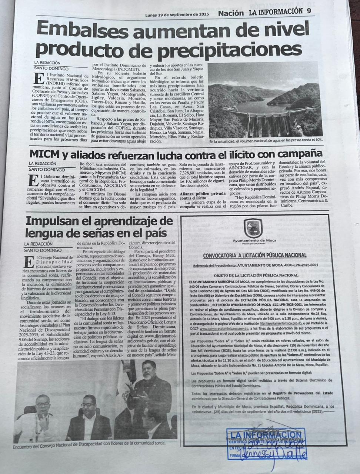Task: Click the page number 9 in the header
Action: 309,11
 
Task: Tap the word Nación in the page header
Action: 231,13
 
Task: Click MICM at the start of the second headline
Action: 43,154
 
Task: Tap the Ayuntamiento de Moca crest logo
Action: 256,228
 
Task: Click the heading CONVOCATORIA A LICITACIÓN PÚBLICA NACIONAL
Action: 255,255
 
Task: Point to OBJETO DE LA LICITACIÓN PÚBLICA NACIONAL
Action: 256,276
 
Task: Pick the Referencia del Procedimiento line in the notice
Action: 256,266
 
